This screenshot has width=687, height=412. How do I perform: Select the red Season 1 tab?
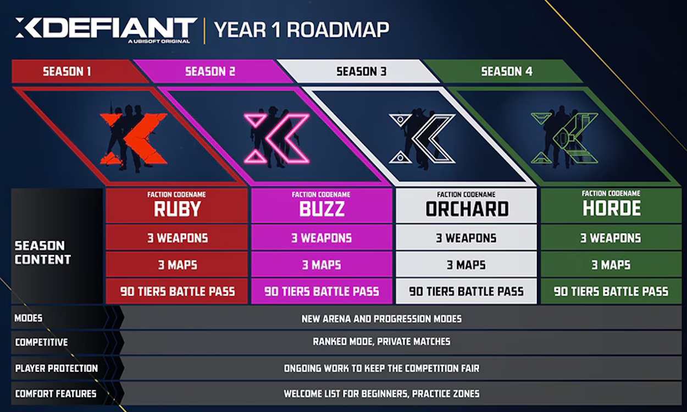coord(67,71)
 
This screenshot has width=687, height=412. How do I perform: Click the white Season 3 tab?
coord(357,71)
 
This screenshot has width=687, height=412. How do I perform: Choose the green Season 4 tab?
coord(506,71)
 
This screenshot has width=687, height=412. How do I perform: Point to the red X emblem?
coord(133,138)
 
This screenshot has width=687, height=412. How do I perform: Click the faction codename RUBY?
coord(177,209)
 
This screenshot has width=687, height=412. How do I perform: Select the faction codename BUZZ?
coord(322,209)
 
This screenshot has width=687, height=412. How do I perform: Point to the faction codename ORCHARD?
coord(467,209)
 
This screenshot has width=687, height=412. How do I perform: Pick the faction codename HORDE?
coord(611,209)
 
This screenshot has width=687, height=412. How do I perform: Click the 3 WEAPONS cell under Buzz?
coord(322,238)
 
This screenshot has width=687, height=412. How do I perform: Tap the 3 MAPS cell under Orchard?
coord(467,265)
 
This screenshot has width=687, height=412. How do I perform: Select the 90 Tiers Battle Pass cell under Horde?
coord(611,292)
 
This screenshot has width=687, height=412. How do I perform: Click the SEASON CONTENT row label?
coord(43,253)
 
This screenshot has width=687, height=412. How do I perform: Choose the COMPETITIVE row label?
coord(42,342)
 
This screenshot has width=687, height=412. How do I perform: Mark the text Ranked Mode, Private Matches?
coord(381,342)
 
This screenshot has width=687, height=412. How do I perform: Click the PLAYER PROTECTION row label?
coord(57,368)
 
